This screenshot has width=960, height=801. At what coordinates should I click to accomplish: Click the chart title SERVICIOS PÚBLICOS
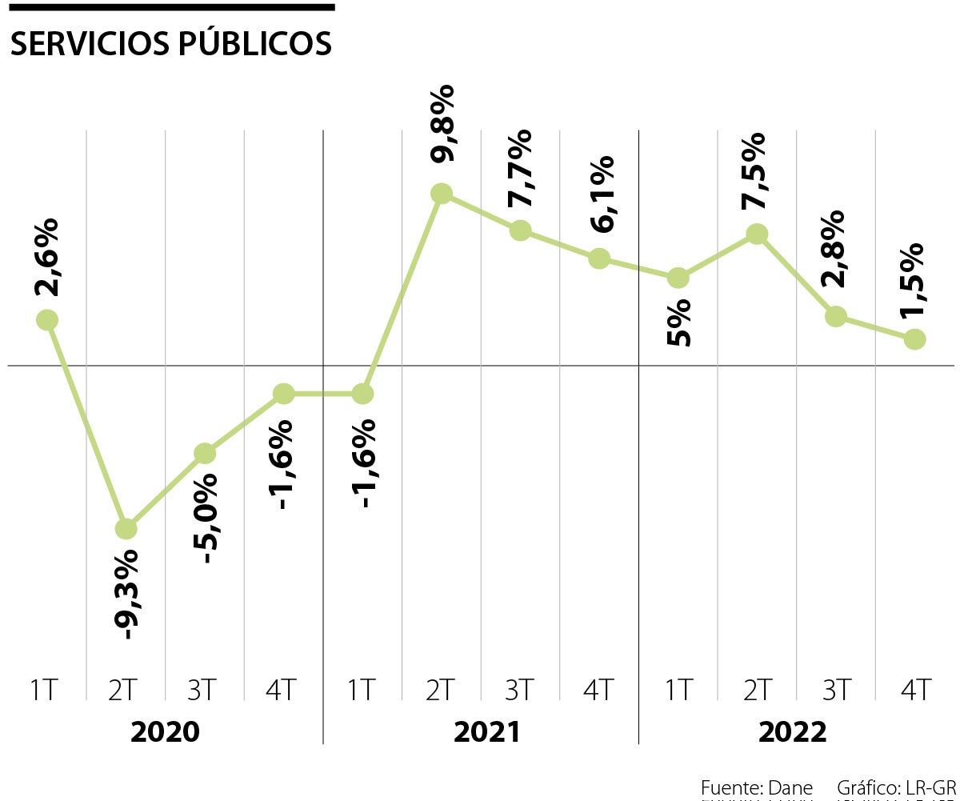coord(170,45)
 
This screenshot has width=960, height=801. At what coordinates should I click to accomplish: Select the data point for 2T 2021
coord(442,193)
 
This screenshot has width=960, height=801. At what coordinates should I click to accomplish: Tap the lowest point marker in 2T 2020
coord(126,529)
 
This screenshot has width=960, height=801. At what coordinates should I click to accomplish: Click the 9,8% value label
coord(442,123)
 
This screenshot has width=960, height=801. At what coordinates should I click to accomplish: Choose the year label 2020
coord(165,731)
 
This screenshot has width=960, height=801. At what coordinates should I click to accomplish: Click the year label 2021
coord(486,731)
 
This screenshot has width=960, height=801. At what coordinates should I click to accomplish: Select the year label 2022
coord(792,731)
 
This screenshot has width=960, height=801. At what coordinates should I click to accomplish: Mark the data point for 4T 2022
coord(915,339)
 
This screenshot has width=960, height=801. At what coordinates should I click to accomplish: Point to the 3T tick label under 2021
coord(520,690)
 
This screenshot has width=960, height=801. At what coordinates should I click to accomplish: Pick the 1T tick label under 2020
coord(45,690)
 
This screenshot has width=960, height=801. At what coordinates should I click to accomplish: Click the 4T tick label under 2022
coord(915,690)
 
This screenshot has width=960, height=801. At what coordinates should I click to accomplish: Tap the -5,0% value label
coord(205,519)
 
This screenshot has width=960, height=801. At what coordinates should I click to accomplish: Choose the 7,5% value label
coord(754,171)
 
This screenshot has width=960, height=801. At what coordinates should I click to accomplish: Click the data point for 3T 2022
coord(836,316)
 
